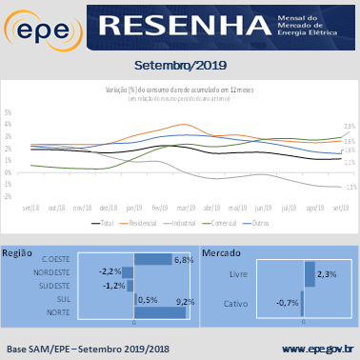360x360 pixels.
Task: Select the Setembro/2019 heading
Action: (x=179, y=66)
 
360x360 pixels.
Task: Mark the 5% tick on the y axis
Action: (x=8, y=111)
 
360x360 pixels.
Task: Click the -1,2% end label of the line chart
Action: (x=350, y=187)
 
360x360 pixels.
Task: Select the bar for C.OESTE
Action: (x=152, y=259)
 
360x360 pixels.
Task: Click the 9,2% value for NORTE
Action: (x=186, y=302)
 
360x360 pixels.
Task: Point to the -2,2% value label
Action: (x=110, y=271)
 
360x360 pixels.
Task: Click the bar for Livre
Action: (x=310, y=274)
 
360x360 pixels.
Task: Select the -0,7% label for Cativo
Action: (x=287, y=304)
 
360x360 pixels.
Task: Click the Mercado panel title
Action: (x=222, y=253)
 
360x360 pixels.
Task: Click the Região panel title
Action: (x=19, y=253)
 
